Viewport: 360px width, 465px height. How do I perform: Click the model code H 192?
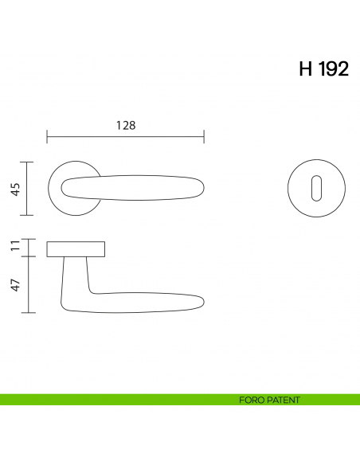(x=323, y=68)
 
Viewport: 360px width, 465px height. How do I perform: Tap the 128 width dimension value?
(x=126, y=125)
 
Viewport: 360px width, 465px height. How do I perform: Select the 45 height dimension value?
(x=15, y=189)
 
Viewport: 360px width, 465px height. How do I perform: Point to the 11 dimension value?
(x=15, y=248)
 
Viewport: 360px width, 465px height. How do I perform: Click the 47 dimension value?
(x=15, y=284)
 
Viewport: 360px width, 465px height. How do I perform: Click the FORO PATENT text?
(x=269, y=400)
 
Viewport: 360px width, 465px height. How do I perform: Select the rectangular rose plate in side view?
(x=76, y=248)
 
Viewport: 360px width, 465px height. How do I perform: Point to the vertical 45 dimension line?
(x=29, y=189)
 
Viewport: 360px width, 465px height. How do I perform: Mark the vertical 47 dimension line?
(x=29, y=284)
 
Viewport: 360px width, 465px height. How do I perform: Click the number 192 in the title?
(x=334, y=68)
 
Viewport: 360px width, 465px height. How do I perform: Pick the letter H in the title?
(x=305, y=68)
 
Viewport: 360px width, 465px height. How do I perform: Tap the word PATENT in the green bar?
(x=284, y=400)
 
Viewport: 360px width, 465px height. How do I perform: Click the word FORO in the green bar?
(x=251, y=400)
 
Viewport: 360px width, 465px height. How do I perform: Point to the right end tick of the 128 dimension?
(x=205, y=137)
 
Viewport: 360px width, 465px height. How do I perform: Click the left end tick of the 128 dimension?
(x=48, y=137)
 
